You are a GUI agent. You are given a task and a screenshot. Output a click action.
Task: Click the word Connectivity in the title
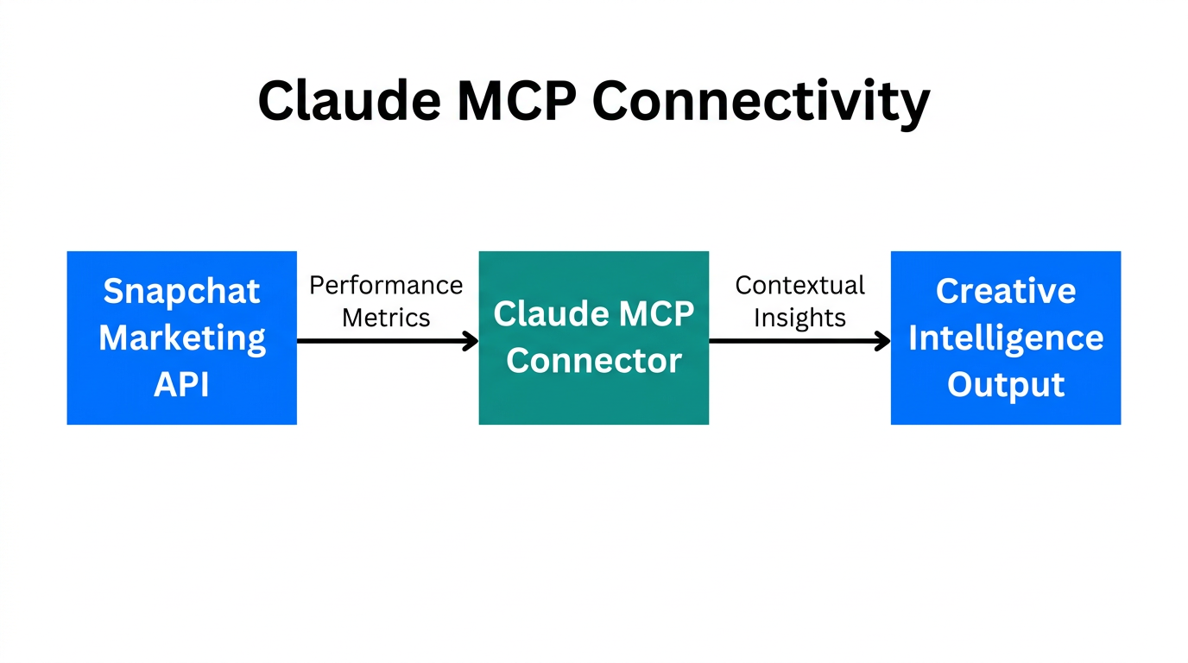(761, 102)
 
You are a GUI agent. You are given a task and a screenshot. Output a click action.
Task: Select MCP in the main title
(516, 100)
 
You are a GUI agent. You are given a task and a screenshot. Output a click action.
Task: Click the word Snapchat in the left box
(181, 291)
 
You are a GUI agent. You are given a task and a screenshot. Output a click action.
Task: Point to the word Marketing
(181, 338)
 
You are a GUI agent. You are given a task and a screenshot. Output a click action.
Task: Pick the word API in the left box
(181, 385)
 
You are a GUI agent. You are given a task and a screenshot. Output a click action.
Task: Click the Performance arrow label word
(386, 286)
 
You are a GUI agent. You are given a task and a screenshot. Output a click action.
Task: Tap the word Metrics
(386, 318)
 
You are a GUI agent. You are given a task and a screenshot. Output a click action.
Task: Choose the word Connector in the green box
(594, 361)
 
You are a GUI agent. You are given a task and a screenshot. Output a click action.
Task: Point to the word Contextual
(799, 286)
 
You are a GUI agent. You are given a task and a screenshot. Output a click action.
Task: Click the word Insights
(799, 318)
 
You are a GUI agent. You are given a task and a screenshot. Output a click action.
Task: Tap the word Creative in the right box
(1006, 291)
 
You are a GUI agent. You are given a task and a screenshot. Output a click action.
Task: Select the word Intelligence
(1006, 338)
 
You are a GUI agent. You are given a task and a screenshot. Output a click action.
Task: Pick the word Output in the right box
(1006, 385)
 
